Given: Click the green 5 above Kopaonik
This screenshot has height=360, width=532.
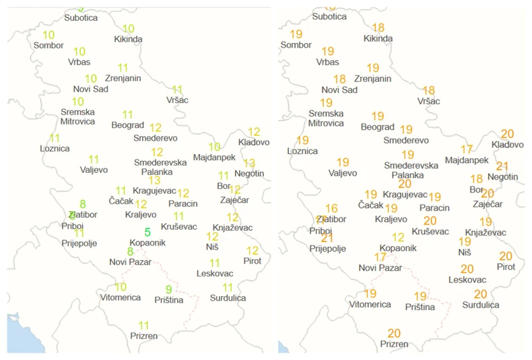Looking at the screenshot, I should coord(147,232).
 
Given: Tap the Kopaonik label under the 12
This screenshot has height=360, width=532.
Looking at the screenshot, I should coord(398,248).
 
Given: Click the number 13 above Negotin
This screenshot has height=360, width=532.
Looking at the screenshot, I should coord(249,163).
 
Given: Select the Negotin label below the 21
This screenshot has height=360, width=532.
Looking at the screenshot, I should coord(503,176).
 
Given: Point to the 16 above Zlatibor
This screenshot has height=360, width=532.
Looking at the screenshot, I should coord(331,209).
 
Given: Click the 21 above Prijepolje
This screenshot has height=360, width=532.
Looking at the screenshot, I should coord(327,238).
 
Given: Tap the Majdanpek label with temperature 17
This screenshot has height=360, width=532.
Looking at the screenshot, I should coord(467,160).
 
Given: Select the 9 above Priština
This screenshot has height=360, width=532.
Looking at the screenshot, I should coord(168,290).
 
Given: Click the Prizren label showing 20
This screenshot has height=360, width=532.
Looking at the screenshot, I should coord(394,344).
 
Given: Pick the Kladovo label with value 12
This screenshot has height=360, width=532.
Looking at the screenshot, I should coord(254,142).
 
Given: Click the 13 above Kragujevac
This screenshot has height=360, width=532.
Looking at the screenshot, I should coord(154,180).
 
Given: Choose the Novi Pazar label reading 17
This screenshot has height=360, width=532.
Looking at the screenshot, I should coord(380,268).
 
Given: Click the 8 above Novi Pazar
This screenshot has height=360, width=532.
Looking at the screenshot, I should coord(130,251).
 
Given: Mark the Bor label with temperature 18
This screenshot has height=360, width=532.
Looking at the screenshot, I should coord(477,189).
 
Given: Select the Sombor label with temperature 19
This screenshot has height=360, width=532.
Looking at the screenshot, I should coord(296,45).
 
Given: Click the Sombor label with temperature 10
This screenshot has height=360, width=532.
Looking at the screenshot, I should coord(48,45).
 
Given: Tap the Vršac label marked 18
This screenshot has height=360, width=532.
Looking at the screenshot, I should coord(428,101).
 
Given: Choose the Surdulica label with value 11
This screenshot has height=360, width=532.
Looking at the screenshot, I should coord(228,297).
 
